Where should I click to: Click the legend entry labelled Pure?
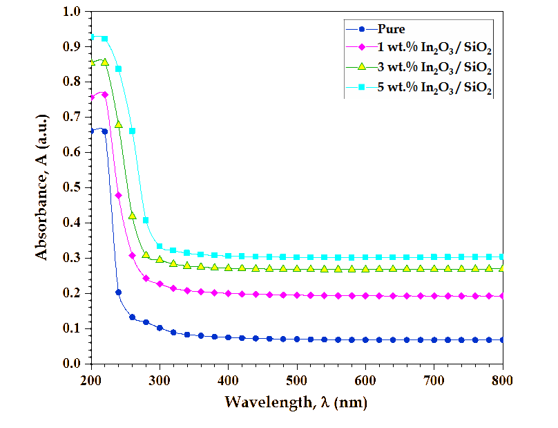pyautogui.click(x=390, y=29)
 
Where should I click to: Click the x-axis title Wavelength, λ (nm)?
pyautogui.click(x=296, y=402)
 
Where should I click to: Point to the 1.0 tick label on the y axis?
pyautogui.click(x=71, y=12)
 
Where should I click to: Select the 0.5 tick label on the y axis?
pyautogui.click(x=71, y=187)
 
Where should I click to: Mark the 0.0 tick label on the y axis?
pyautogui.click(x=71, y=364)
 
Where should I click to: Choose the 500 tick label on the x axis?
pyautogui.click(x=297, y=380)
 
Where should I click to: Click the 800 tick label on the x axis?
pyautogui.click(x=503, y=380)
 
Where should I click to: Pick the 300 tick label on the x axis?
pyautogui.click(x=160, y=380)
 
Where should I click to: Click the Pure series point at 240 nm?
pyautogui.click(x=118, y=292)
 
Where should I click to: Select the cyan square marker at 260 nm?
pyautogui.click(x=132, y=131)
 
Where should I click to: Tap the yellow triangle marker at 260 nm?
pyautogui.click(x=132, y=216)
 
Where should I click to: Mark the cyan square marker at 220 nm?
pyautogui.click(x=104, y=39)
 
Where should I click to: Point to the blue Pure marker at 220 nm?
pyautogui.click(x=104, y=131)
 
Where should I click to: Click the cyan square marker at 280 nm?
pyautogui.click(x=146, y=220)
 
